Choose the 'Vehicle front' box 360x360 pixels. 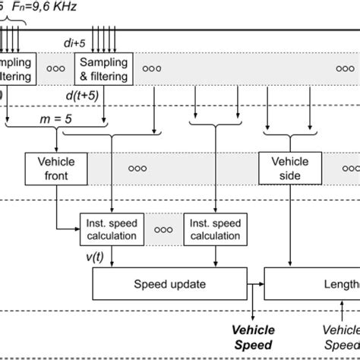[57, 168]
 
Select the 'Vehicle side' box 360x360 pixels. [290, 168]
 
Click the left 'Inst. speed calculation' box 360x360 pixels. [112, 229]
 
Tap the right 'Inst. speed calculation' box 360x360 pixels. [215, 229]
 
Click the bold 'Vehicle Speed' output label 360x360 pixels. [254, 336]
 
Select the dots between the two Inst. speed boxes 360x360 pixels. [163, 229]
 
